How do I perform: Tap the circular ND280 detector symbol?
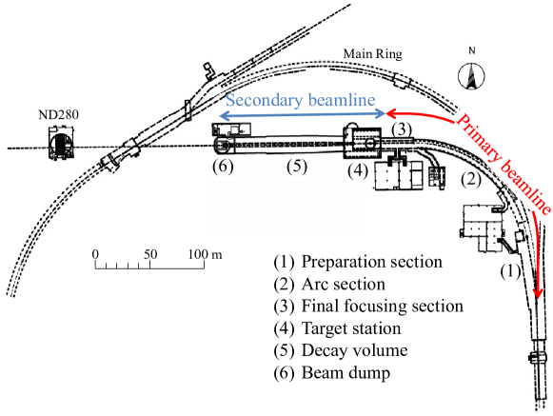tap(61, 147)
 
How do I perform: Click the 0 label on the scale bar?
tap(95, 254)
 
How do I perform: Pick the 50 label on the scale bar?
tap(148, 254)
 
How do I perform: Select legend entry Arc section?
tap(335, 284)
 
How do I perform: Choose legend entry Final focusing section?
tap(367, 306)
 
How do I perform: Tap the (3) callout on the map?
tap(403, 129)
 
